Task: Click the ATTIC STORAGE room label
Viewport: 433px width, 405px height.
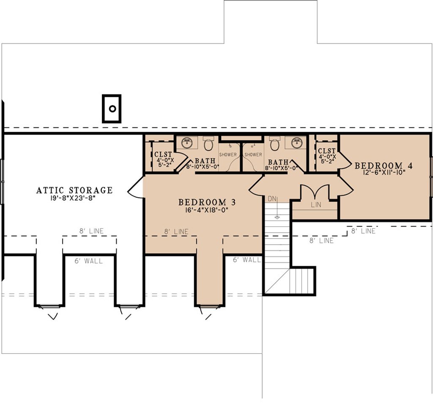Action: coord(74,190)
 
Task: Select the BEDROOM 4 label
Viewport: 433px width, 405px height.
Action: coord(384,165)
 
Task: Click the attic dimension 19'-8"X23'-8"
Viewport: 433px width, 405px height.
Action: coord(74,198)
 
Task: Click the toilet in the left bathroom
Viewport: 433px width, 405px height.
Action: coord(208,144)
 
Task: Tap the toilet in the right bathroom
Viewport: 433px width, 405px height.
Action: coord(275,144)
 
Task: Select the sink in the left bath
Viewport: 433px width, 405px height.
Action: coord(187,143)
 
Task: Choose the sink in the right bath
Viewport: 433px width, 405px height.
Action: coord(296,143)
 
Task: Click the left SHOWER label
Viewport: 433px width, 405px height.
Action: coord(228,154)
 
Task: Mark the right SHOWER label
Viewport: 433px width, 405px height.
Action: coord(253,154)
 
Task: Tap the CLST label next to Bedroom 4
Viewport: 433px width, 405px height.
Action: coord(326,151)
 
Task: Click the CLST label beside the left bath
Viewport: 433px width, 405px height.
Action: coord(163,155)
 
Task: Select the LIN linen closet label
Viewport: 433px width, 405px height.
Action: coord(316,205)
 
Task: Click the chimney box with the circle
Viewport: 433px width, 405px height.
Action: coord(112,109)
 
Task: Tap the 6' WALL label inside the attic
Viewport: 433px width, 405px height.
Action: coord(89,261)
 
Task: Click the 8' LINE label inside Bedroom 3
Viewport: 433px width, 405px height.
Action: coord(176,231)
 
